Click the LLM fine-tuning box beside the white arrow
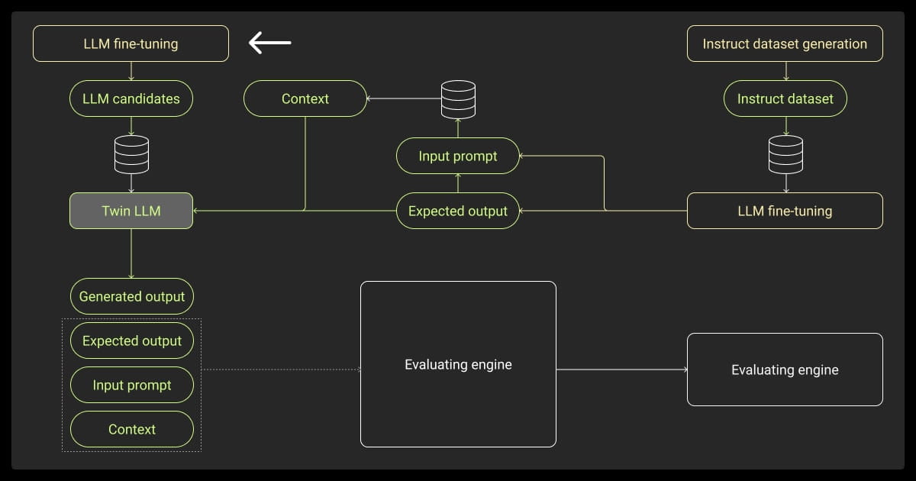click(131, 44)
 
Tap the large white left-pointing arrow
click(269, 43)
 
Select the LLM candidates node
click(131, 98)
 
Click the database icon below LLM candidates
click(131, 154)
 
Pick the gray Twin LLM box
click(131, 211)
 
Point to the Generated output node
click(132, 296)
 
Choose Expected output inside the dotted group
click(132, 341)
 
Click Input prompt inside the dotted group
click(132, 385)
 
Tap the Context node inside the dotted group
click(132, 429)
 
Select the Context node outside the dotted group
click(305, 98)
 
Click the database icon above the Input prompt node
click(458, 98)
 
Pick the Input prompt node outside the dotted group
click(458, 156)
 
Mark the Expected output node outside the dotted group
click(458, 211)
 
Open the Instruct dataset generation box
click(785, 44)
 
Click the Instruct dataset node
click(785, 98)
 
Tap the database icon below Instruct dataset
click(785, 154)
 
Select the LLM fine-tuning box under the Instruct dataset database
click(785, 211)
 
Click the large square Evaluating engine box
click(458, 364)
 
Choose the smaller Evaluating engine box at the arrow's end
click(785, 370)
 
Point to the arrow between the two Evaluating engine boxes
click(621, 370)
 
